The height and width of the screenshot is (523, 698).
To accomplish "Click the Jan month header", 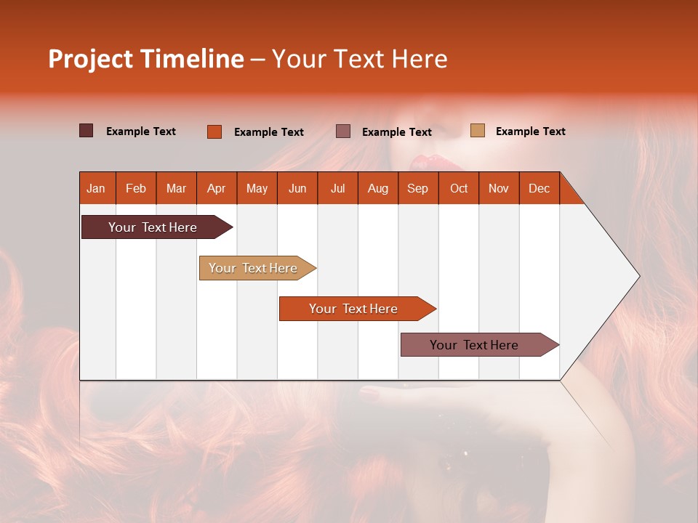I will (x=96, y=188).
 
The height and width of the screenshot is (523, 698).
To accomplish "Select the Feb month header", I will (x=136, y=188).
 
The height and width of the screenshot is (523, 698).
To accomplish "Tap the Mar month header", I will (x=176, y=188).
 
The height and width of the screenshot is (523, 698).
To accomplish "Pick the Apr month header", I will (x=217, y=188).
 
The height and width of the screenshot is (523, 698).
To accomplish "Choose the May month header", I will (x=257, y=188).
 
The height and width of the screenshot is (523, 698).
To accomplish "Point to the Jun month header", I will (x=297, y=188).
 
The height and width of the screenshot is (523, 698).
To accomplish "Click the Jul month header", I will (x=337, y=188).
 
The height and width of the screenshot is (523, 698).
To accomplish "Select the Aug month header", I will (x=378, y=188).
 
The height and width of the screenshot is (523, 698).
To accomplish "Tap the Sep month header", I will (x=418, y=188).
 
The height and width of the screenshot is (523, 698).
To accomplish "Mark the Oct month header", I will (x=459, y=188).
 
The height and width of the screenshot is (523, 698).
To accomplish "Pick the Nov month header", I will (x=499, y=188).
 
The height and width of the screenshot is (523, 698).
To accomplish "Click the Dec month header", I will (x=539, y=188).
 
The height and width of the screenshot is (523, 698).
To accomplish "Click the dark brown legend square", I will (x=87, y=131).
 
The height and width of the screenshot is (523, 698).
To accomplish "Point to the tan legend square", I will (x=478, y=131).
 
